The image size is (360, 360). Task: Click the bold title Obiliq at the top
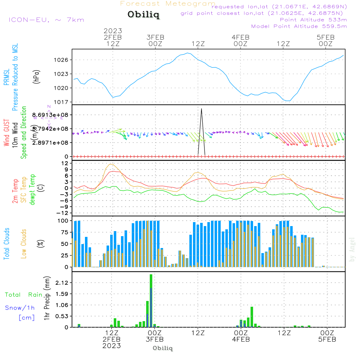tap(143, 15)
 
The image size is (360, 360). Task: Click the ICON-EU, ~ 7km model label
tap(46, 20)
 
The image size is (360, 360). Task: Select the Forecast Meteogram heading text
tap(168, 4)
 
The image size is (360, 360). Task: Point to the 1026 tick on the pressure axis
tap(62, 60)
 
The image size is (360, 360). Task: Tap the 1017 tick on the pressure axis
tap(62, 102)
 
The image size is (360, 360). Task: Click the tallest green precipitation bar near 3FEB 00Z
tap(151, 301)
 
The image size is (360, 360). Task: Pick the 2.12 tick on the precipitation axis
tap(62, 283)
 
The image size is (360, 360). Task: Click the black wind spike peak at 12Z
tap(202, 109)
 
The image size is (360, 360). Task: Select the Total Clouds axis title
tap(6, 244)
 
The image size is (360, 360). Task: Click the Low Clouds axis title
tap(24, 244)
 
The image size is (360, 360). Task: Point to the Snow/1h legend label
tap(20, 308)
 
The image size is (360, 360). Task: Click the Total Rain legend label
tap(24, 294)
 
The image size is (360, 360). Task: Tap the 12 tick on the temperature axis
tap(65, 163)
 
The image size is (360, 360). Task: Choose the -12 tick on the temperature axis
tap(63, 213)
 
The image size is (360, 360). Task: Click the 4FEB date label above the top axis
tap(240, 37)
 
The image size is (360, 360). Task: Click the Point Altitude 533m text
tap(313, 19)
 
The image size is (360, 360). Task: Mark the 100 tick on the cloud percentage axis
tap(63, 221)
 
